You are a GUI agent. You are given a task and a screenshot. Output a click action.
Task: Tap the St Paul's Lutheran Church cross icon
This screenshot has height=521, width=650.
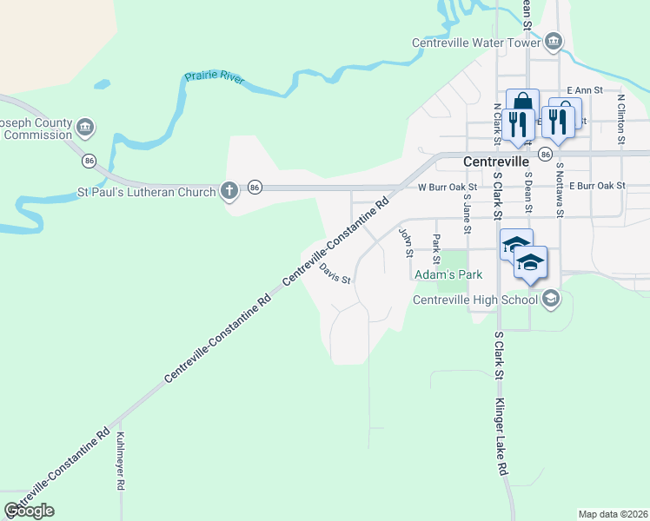(229, 191)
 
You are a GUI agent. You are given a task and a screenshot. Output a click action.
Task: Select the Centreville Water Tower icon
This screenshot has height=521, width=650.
(554, 42)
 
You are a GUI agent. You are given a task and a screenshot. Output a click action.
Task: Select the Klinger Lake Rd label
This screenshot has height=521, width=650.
(501, 438)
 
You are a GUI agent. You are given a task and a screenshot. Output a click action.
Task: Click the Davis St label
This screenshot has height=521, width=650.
(334, 275)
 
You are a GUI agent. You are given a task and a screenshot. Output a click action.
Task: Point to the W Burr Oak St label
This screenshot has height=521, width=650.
(448, 187)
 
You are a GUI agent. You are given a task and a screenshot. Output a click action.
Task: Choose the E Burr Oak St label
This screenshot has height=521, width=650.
(597, 187)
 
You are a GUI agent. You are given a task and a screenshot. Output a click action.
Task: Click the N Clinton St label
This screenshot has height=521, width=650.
(621, 115)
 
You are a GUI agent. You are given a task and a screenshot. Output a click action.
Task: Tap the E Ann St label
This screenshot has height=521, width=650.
(584, 89)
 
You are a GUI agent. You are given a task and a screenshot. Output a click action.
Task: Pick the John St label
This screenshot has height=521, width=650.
(404, 243)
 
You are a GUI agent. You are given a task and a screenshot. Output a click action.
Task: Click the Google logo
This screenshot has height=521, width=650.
(29, 511)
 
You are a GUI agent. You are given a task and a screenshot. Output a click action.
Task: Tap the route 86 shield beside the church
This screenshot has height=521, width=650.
(255, 187)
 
